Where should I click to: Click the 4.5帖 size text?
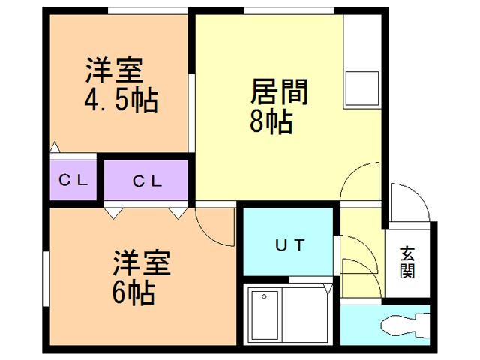pos(120,100)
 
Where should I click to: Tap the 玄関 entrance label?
pos(407,262)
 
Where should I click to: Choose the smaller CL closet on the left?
pos(73,180)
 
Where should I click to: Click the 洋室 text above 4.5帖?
pos(113,71)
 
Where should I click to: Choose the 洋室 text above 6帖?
pos(142,263)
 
